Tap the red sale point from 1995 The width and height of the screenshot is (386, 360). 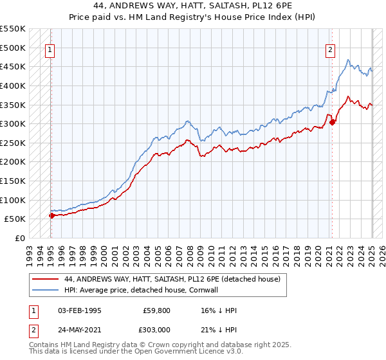(51, 215)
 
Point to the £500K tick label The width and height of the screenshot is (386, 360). (13, 48)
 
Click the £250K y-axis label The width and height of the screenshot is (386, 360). (13, 143)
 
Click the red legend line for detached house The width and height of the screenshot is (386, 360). (46, 280)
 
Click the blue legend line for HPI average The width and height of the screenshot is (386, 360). (46, 290)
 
